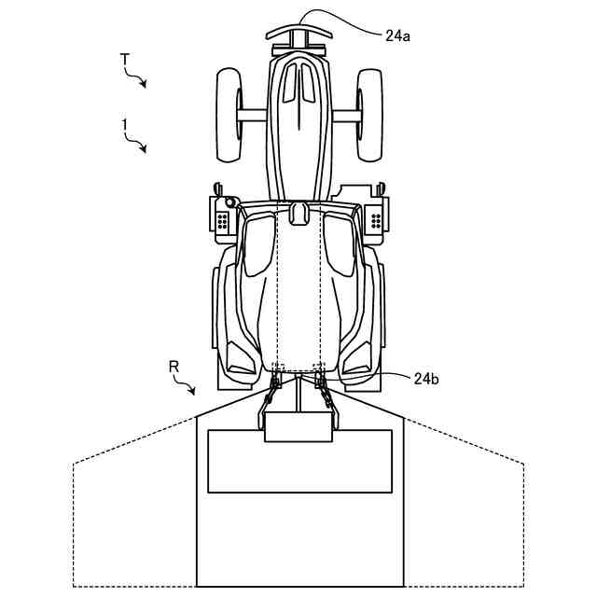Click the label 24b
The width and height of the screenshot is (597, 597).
(425, 378)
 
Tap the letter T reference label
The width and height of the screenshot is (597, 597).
(124, 60)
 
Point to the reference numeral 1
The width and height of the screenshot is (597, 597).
(124, 124)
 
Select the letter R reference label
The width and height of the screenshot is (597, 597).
(174, 367)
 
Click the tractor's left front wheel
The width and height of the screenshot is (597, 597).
(229, 115)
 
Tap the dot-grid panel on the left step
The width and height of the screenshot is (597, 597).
(222, 221)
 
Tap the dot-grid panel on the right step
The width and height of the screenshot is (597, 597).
(376, 221)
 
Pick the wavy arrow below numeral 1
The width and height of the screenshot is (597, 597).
(138, 144)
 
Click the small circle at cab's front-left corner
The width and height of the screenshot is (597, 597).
(229, 201)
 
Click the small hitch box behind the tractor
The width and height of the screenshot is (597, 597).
(298, 424)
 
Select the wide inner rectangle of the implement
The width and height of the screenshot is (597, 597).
(299, 461)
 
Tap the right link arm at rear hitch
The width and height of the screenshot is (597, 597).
(326, 391)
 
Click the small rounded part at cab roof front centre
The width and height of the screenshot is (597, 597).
(298, 213)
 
